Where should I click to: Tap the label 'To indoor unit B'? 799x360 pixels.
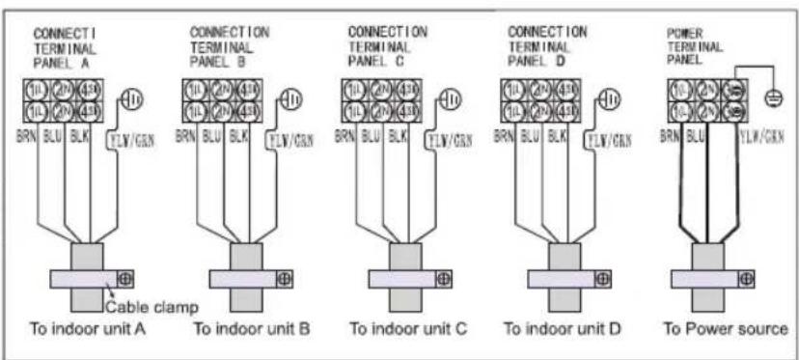pos(252,328)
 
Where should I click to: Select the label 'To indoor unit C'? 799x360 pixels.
pos(408,328)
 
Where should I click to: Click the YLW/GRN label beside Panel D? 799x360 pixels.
pos(611,139)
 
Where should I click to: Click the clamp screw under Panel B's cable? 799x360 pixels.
pos(286,278)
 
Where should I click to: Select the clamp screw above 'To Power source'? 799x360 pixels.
pos(745,278)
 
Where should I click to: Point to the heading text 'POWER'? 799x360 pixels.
pos(684,32)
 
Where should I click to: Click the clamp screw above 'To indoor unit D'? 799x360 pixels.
pos(601,278)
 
